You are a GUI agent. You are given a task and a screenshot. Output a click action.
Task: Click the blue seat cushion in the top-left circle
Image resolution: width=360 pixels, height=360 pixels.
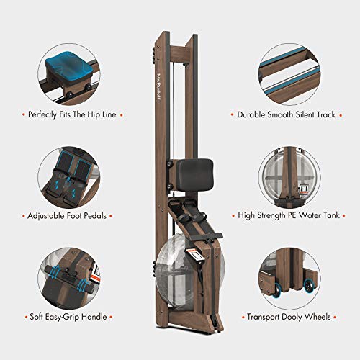(x=69, y=66)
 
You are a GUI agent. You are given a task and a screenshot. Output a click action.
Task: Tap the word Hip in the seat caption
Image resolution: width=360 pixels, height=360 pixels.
(x=94, y=114)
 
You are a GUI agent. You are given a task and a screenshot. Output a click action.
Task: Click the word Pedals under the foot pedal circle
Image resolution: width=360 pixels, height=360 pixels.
(x=96, y=215)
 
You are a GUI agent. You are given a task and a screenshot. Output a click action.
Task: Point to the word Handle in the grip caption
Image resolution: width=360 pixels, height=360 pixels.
(x=94, y=317)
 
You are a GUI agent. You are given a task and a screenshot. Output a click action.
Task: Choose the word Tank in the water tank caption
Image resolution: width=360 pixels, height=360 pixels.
(x=331, y=215)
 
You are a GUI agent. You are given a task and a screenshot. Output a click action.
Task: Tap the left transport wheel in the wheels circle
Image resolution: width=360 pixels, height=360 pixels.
(x=278, y=289)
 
